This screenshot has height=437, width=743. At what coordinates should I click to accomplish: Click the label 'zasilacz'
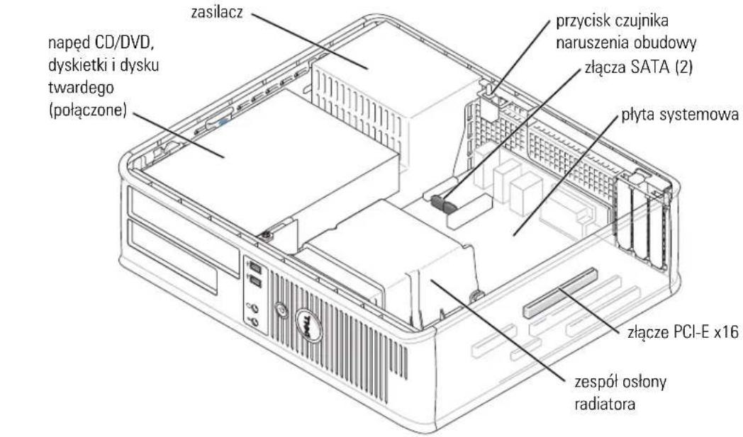point(217,12)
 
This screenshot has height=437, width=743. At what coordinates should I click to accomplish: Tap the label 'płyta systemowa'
point(680,115)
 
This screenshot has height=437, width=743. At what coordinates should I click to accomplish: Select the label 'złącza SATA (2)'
point(638,67)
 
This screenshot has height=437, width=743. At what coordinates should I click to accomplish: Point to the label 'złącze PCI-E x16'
point(682,332)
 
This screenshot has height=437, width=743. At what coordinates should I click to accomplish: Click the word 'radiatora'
point(605,404)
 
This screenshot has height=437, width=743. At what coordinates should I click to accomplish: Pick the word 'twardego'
point(81,89)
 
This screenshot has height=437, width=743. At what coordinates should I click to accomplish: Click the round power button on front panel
point(281,311)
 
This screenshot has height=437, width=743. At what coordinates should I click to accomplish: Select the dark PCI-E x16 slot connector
point(559,293)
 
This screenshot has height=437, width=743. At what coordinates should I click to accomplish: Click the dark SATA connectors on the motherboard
point(443,204)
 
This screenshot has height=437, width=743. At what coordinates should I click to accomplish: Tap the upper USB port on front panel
point(254,267)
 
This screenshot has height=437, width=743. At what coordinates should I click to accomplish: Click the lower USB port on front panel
point(255,283)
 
